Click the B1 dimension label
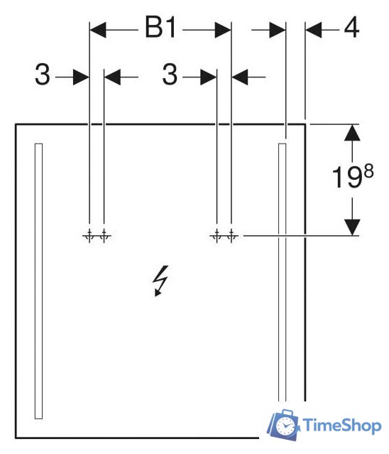click(x=160, y=28)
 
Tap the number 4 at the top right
click(x=351, y=27)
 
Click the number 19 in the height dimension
click(x=347, y=177)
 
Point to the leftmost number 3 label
click(x=42, y=75)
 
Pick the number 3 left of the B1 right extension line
click(x=170, y=75)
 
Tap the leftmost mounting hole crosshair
click(x=89, y=236)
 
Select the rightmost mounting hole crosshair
click(x=231, y=236)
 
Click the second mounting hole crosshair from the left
click(x=104, y=236)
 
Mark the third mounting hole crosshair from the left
click(x=217, y=236)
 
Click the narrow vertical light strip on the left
click(x=38, y=281)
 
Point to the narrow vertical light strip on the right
click(x=283, y=272)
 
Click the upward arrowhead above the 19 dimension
click(x=352, y=133)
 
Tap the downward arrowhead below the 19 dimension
click(x=352, y=227)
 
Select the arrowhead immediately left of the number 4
click(x=314, y=30)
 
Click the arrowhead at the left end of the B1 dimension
click(x=98, y=30)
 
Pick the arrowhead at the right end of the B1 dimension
click(x=223, y=30)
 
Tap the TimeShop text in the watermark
click(x=342, y=426)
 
